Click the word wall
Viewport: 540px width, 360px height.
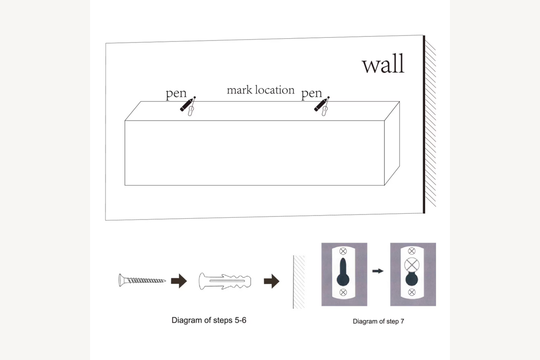click(x=383, y=63)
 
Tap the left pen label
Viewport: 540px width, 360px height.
click(x=176, y=93)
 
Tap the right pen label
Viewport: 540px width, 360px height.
click(x=311, y=93)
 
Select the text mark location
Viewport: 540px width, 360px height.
click(x=261, y=90)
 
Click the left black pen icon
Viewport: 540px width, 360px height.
click(x=186, y=105)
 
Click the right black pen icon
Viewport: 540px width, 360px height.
click(x=320, y=105)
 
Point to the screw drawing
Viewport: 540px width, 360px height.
click(x=142, y=280)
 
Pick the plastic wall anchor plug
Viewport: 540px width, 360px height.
click(x=225, y=281)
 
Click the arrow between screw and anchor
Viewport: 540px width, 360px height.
click(x=179, y=281)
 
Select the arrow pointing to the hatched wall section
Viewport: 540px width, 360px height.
click(x=272, y=281)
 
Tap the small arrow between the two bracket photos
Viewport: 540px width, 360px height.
click(x=378, y=271)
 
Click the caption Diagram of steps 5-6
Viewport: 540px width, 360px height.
click(x=209, y=320)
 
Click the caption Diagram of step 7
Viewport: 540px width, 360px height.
click(x=378, y=321)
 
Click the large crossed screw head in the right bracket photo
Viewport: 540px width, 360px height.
click(x=412, y=265)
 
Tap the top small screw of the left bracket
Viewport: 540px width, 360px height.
click(x=343, y=251)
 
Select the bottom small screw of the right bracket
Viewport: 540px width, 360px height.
click(x=412, y=292)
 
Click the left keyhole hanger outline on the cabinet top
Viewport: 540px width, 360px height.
click(x=191, y=111)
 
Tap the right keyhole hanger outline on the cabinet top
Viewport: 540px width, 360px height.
click(x=325, y=111)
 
